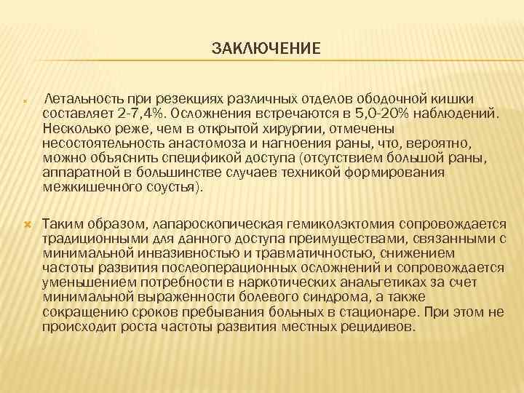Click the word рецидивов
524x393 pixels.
pos(378,326)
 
